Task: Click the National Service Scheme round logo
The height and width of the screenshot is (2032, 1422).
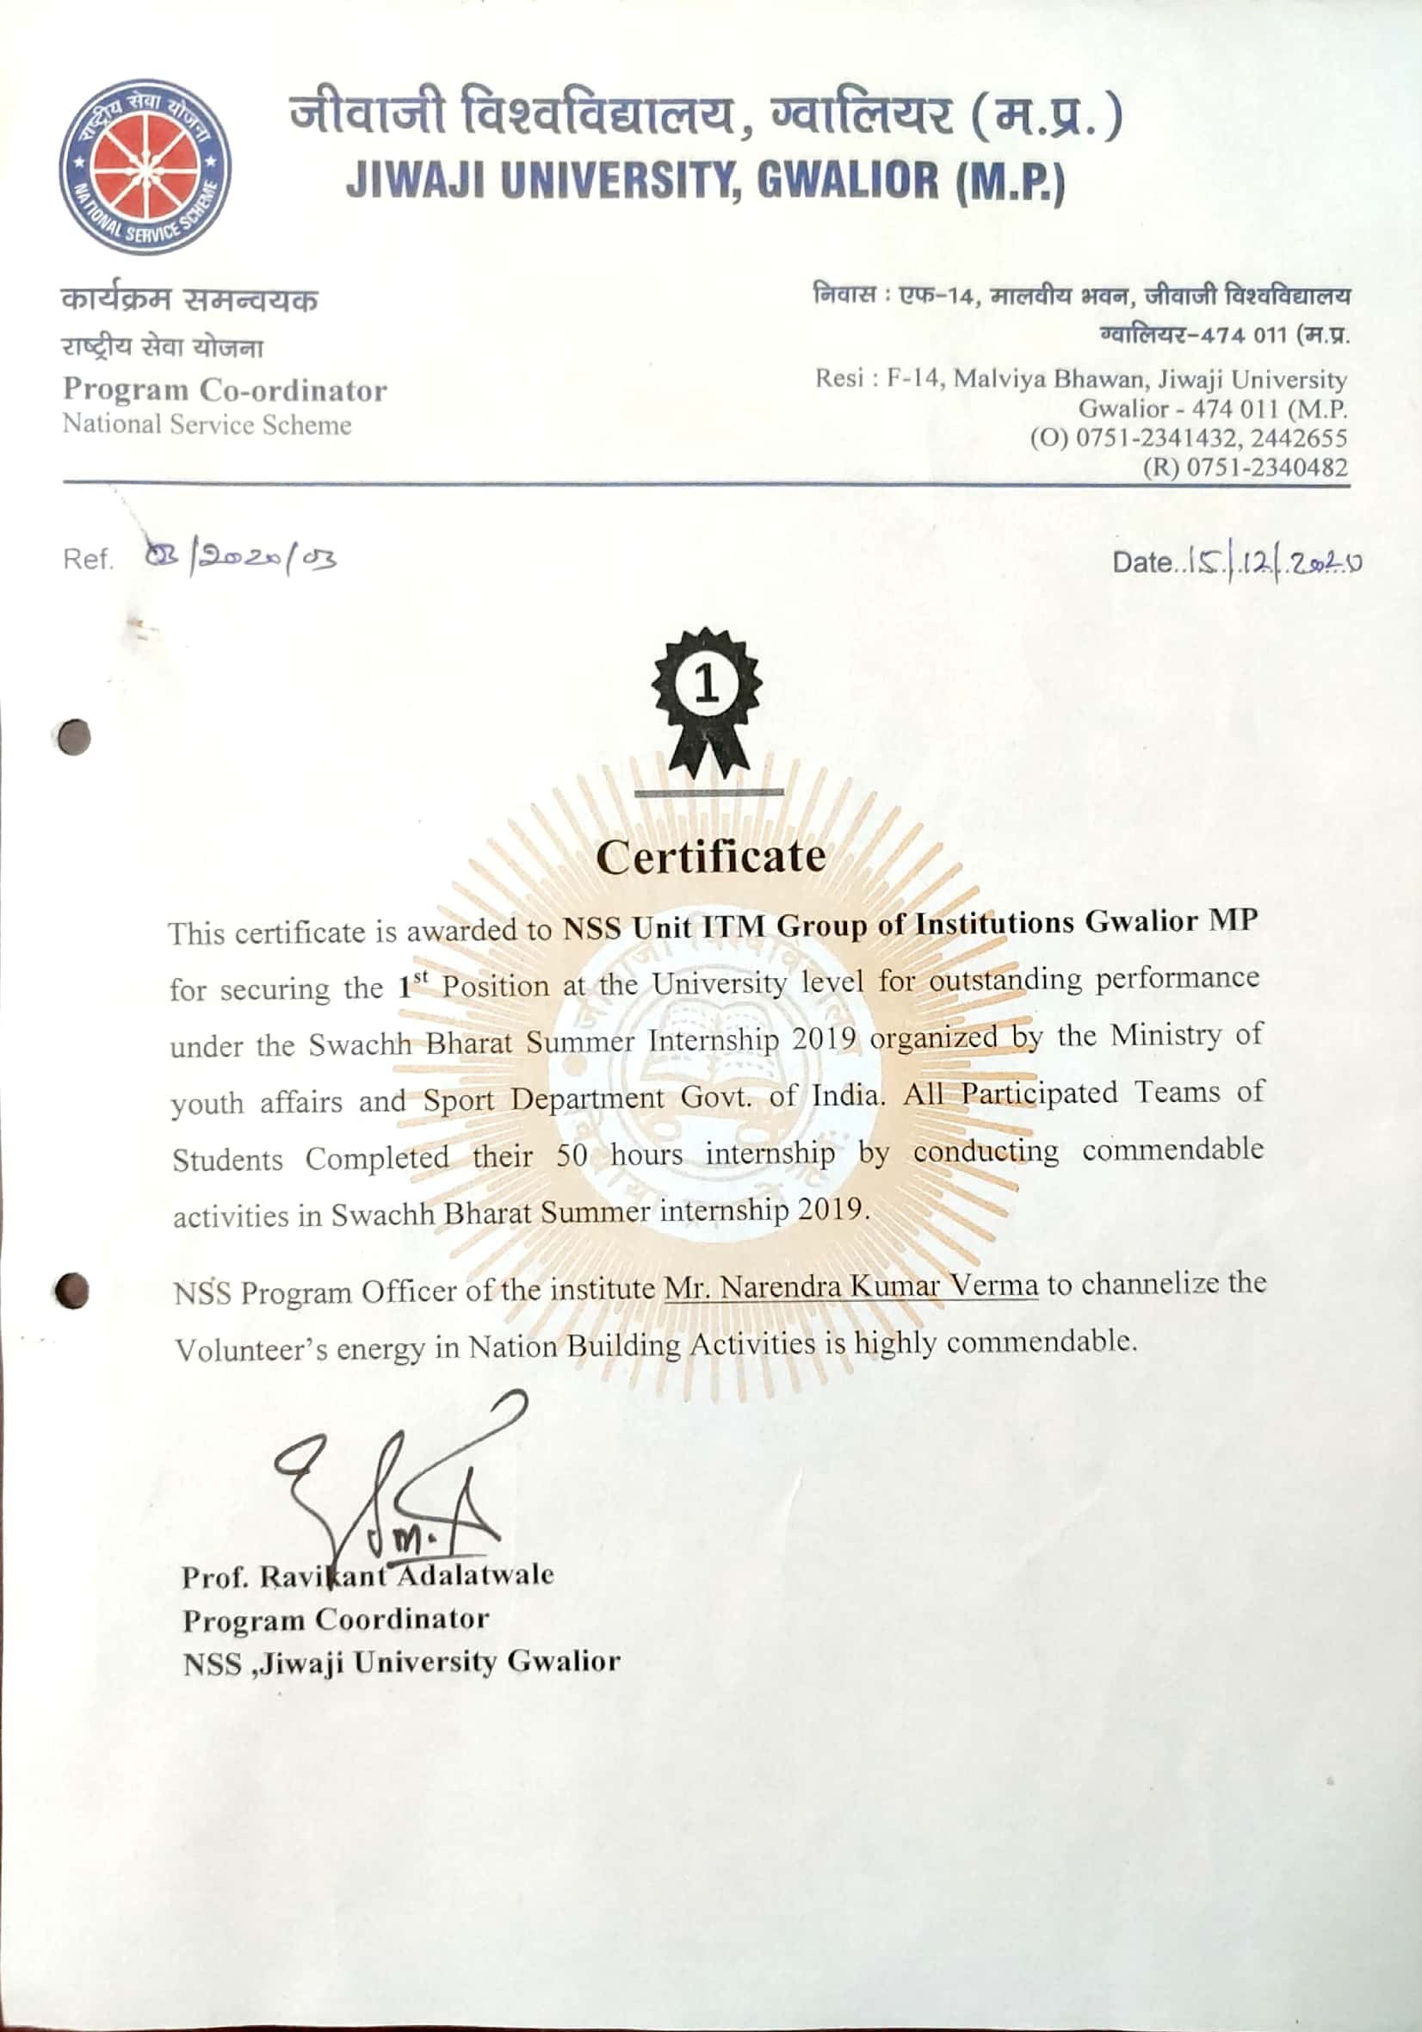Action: tap(145, 166)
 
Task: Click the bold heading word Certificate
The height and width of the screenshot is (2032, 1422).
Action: tap(710, 856)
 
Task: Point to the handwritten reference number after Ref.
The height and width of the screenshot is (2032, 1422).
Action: tap(240, 559)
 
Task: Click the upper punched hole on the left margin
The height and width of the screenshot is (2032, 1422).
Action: tap(74, 736)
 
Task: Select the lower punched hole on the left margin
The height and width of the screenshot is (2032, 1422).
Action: tap(71, 1291)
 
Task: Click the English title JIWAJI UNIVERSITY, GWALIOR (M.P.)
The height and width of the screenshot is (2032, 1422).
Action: tap(705, 181)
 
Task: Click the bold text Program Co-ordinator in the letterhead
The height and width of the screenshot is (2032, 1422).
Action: tap(225, 389)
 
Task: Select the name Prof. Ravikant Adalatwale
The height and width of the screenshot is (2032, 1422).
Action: tap(368, 1577)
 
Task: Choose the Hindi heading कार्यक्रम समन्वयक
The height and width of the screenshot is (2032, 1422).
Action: tap(189, 299)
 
